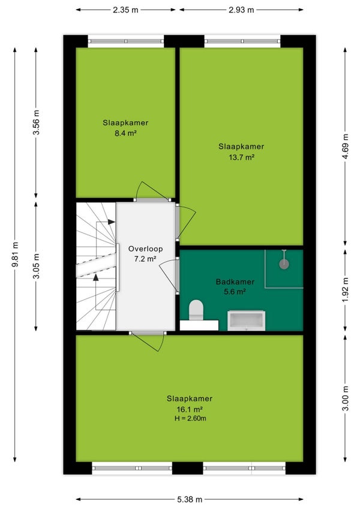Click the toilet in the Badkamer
[x=196, y=309]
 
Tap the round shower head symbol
[x=284, y=264]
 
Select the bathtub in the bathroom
[x=246, y=321]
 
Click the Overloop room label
[x=145, y=249]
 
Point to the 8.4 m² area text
[x=125, y=133]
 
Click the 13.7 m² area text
[x=241, y=157]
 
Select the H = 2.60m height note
[x=190, y=418]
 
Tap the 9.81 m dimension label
[x=15, y=254]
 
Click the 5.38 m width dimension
[x=190, y=499]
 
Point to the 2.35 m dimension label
[x=125, y=10]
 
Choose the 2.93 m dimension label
[x=241, y=10]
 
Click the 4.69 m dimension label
[x=346, y=146]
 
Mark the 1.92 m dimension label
[x=346, y=290]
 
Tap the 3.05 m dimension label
[x=36, y=266]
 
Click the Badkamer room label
[x=235, y=282]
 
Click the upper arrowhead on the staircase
[x=112, y=222]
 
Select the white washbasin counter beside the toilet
[x=199, y=325]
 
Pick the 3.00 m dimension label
[x=346, y=398]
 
